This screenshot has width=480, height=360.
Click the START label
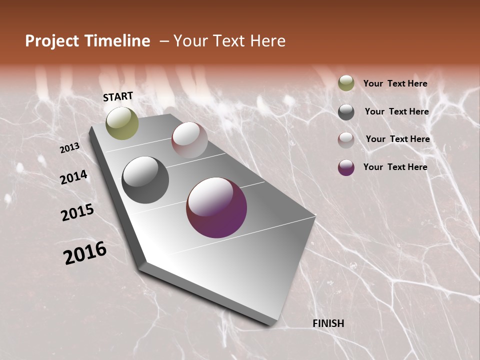(118, 96)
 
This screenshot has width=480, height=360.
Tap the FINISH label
(328, 323)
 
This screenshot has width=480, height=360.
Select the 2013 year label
(70, 148)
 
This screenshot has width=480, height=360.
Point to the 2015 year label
(77, 212)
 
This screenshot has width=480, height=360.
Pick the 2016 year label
(85, 252)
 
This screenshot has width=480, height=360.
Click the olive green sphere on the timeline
(122, 123)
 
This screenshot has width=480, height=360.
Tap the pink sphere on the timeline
(189, 140)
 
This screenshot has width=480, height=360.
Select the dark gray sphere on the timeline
(145, 180)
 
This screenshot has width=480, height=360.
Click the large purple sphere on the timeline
(216, 207)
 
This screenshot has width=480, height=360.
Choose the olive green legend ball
(346, 83)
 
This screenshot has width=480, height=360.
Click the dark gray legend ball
(346, 112)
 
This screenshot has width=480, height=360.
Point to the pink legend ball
(346, 140)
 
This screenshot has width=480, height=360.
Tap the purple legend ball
(346, 167)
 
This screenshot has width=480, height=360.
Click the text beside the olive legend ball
(395, 83)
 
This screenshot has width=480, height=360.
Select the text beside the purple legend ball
(395, 167)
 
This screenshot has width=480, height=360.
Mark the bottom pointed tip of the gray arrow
(270, 325)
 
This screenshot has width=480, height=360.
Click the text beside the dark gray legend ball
(396, 111)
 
